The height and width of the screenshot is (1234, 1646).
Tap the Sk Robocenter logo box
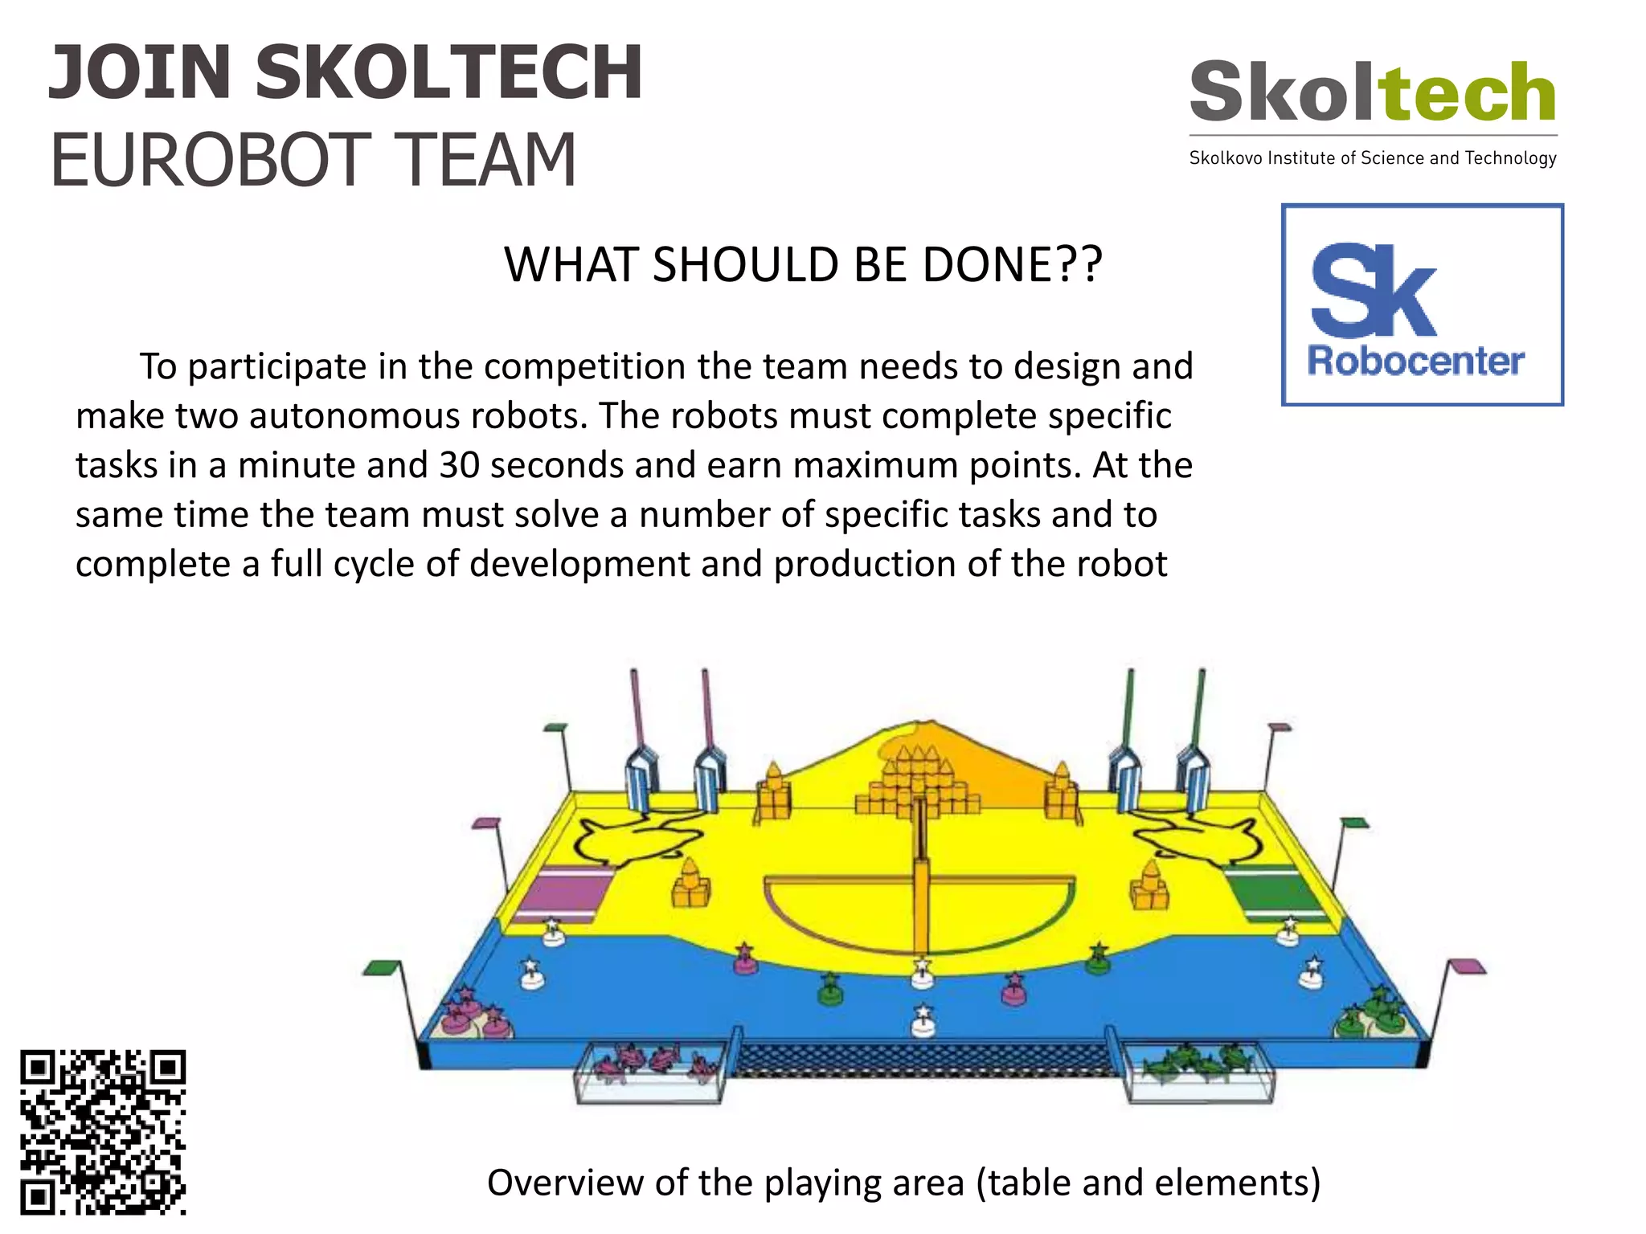[1422, 304]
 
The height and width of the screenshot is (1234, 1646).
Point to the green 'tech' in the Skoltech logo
[1468, 92]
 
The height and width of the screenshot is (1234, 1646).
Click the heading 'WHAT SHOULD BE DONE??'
[803, 264]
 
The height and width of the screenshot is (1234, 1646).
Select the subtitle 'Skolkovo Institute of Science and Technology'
[1373, 158]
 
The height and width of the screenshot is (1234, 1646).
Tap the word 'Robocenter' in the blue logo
[1415, 361]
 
